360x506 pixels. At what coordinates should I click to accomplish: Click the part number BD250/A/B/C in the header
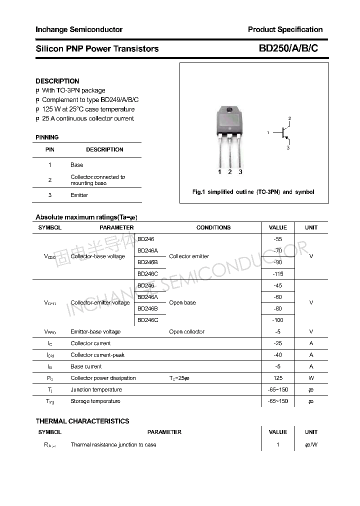288,48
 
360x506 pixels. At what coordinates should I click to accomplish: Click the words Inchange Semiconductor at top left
79,29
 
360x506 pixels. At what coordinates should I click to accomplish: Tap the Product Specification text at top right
285,29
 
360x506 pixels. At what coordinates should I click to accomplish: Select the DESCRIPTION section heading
57,81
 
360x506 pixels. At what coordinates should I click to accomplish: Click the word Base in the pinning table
77,165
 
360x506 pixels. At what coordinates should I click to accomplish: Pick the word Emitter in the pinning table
79,195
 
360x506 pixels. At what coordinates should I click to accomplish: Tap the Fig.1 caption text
253,192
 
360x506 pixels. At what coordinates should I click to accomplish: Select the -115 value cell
278,274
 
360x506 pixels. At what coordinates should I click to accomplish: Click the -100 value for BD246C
278,320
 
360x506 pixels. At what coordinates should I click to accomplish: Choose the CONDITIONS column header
213,227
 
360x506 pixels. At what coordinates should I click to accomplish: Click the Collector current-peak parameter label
97,355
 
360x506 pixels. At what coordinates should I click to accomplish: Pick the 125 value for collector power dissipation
278,378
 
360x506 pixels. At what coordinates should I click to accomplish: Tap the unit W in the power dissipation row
311,378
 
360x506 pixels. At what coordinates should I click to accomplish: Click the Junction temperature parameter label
96,389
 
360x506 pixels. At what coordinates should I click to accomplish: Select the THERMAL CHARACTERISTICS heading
82,421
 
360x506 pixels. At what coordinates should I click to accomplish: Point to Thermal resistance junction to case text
113,444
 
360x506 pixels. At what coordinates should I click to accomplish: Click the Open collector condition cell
187,331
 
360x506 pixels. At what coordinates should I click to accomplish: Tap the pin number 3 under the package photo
240,172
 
